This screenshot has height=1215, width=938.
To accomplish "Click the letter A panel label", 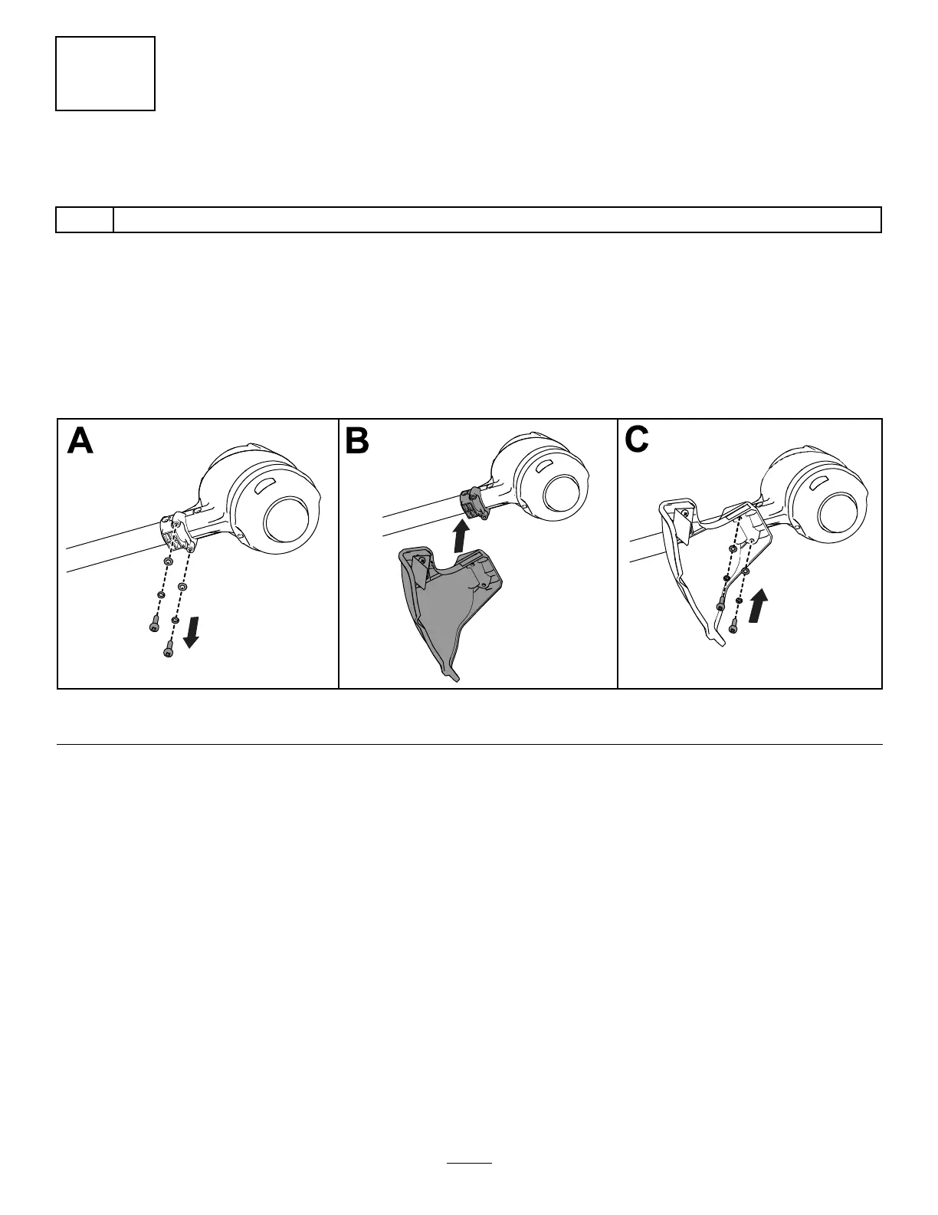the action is pos(80,441).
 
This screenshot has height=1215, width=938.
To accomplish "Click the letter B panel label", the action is pos(357,441).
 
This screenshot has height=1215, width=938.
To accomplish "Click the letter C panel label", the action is pos(637,440).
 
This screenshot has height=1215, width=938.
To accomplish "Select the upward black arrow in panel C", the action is pos(757,604).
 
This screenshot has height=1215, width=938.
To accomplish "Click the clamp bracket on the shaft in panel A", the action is pos(178,532).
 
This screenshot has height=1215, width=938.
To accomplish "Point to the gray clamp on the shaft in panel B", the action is pos(472,504).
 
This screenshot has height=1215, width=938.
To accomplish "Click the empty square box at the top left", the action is pos(106,74).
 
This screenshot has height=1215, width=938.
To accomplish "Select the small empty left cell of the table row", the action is pos(85,219).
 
